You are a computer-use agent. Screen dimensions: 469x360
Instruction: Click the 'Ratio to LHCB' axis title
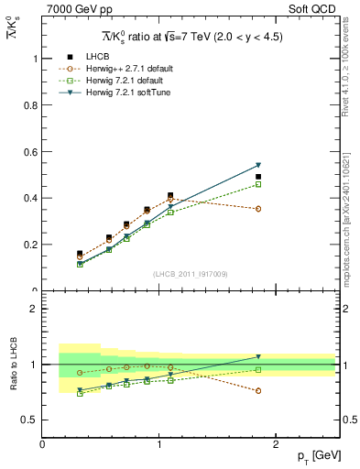coord(12,365)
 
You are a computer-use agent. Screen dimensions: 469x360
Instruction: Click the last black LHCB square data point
coord(258,177)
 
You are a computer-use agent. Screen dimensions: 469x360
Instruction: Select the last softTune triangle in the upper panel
coord(258,165)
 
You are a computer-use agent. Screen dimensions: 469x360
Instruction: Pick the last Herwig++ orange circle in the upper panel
coord(258,209)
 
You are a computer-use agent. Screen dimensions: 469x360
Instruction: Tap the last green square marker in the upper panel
coord(258,184)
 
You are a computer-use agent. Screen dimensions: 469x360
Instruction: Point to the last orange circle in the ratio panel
coord(258,390)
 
